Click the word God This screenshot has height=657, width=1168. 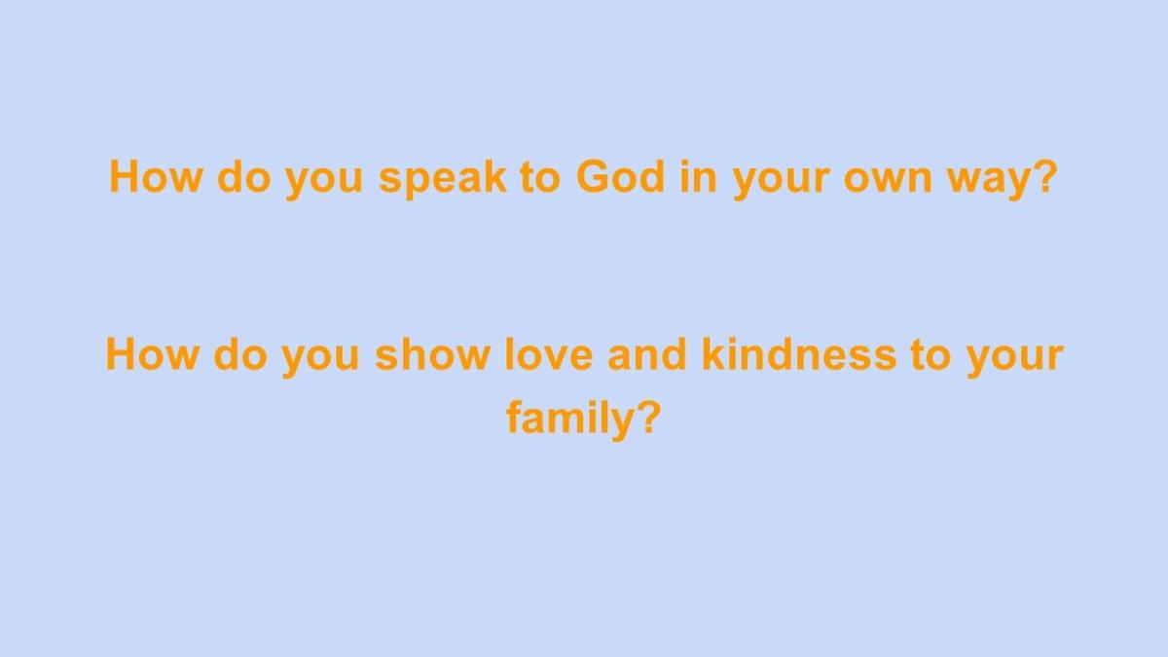click(x=621, y=176)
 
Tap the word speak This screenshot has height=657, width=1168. click(x=443, y=179)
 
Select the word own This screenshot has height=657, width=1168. click(x=888, y=180)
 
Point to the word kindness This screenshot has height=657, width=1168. click(x=799, y=353)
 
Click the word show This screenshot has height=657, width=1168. click(x=432, y=353)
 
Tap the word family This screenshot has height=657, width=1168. click(x=570, y=418)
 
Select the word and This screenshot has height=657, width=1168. click(x=647, y=353)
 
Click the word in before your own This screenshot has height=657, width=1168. click(x=699, y=176)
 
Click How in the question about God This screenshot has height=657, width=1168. click(x=156, y=176)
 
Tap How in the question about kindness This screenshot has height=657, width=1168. click(x=152, y=353)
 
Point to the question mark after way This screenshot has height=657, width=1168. click(x=1041, y=175)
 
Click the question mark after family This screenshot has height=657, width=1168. click(x=649, y=417)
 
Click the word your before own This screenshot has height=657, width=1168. click(x=780, y=184)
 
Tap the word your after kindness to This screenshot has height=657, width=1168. click(x=1014, y=361)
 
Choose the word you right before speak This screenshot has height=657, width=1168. click(x=324, y=184)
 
